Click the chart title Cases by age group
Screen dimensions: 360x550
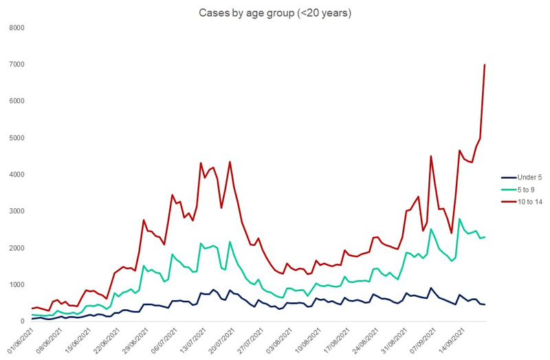click(x=275, y=13)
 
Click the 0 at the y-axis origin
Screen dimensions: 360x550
click(x=22, y=321)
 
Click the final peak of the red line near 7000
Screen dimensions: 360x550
click(x=485, y=65)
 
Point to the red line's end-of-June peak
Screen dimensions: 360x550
click(x=144, y=220)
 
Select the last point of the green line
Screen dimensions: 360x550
click(x=485, y=237)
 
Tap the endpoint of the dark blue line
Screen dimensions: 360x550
click(x=485, y=304)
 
